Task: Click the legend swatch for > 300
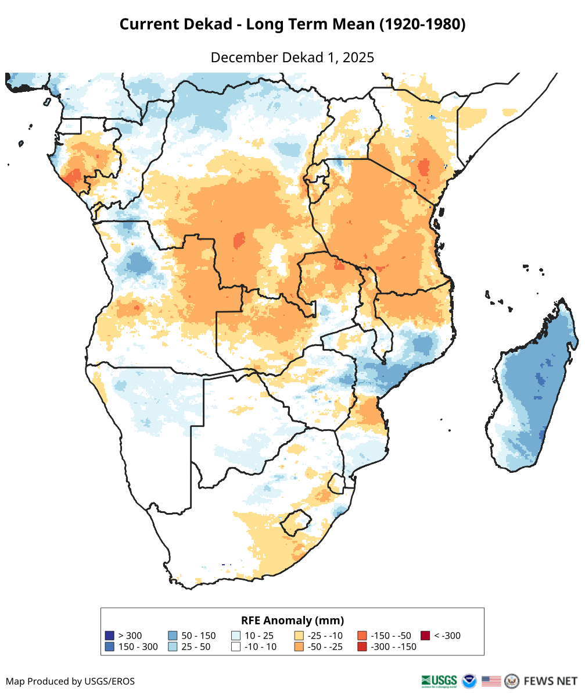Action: pyautogui.click(x=109, y=636)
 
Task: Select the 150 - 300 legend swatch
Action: pyautogui.click(x=109, y=647)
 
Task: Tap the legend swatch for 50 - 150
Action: pyautogui.click(x=173, y=636)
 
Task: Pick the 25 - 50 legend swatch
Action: pyautogui.click(x=173, y=647)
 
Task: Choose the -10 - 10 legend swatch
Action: pyautogui.click(x=236, y=647)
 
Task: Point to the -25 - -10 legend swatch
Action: pyautogui.click(x=299, y=636)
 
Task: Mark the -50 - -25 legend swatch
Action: pyautogui.click(x=299, y=647)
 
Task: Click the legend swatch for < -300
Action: pyautogui.click(x=425, y=636)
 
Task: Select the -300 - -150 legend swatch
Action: pyautogui.click(x=363, y=647)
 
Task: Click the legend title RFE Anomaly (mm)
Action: pyautogui.click(x=292, y=620)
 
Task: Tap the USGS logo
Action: pyautogui.click(x=440, y=680)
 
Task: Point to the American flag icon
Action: pyautogui.click(x=491, y=680)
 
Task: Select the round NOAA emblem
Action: pyautogui.click(x=469, y=680)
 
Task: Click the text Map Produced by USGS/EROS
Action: pyautogui.click(x=70, y=681)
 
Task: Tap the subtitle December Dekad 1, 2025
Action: pyautogui.click(x=292, y=58)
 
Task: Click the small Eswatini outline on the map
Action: pyautogui.click(x=336, y=483)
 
